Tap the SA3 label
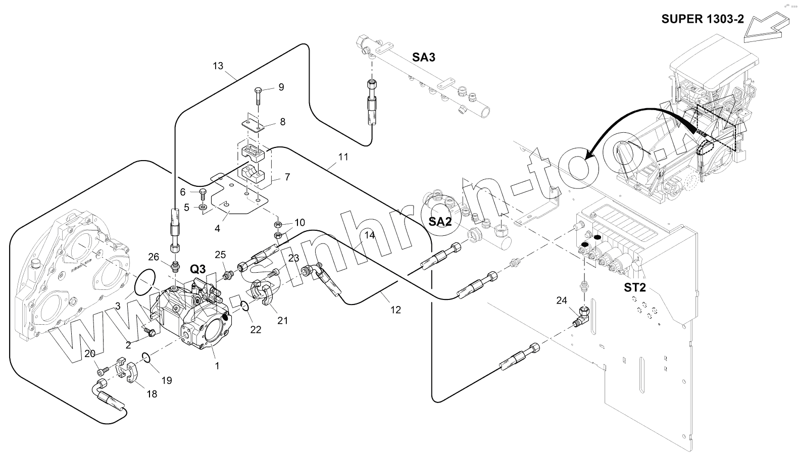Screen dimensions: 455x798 coord(423,58)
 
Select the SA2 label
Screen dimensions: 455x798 coord(439,221)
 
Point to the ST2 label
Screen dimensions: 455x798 coord(635,288)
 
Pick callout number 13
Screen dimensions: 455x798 coord(218,66)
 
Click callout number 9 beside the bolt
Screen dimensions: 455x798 coord(281,87)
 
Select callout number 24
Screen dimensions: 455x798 coord(562,301)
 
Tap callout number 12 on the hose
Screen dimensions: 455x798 coord(395,310)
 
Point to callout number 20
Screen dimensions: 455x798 coord(90,354)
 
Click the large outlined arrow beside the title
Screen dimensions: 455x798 coord(764,29)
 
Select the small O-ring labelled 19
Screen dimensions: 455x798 coord(145,358)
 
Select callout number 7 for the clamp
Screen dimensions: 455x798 coord(287,177)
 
